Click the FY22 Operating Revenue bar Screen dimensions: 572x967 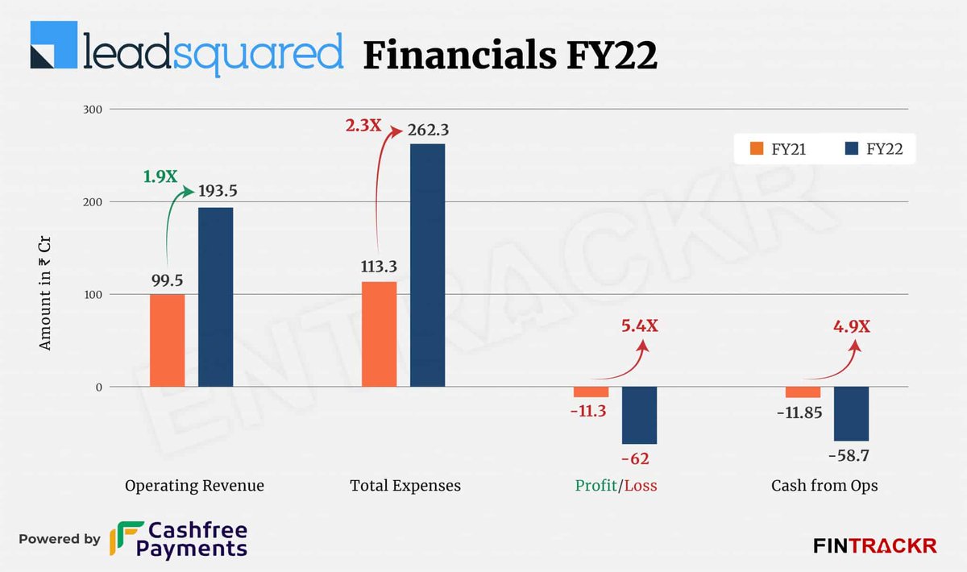pos(215,297)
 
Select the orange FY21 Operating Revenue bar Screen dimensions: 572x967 pos(167,340)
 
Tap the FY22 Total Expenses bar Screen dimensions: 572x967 pos(427,265)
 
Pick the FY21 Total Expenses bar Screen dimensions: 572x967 pos(379,334)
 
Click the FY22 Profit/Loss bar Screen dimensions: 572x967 pos(639,415)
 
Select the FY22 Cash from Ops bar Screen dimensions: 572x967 pos(851,413)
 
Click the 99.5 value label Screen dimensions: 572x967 pos(167,280)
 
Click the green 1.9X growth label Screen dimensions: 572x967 pos(160,176)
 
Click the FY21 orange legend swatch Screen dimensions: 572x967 pos(757,148)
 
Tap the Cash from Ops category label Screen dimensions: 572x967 pos(824,486)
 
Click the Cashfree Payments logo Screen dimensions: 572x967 pos(179,539)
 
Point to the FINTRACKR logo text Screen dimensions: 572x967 pos(874,545)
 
